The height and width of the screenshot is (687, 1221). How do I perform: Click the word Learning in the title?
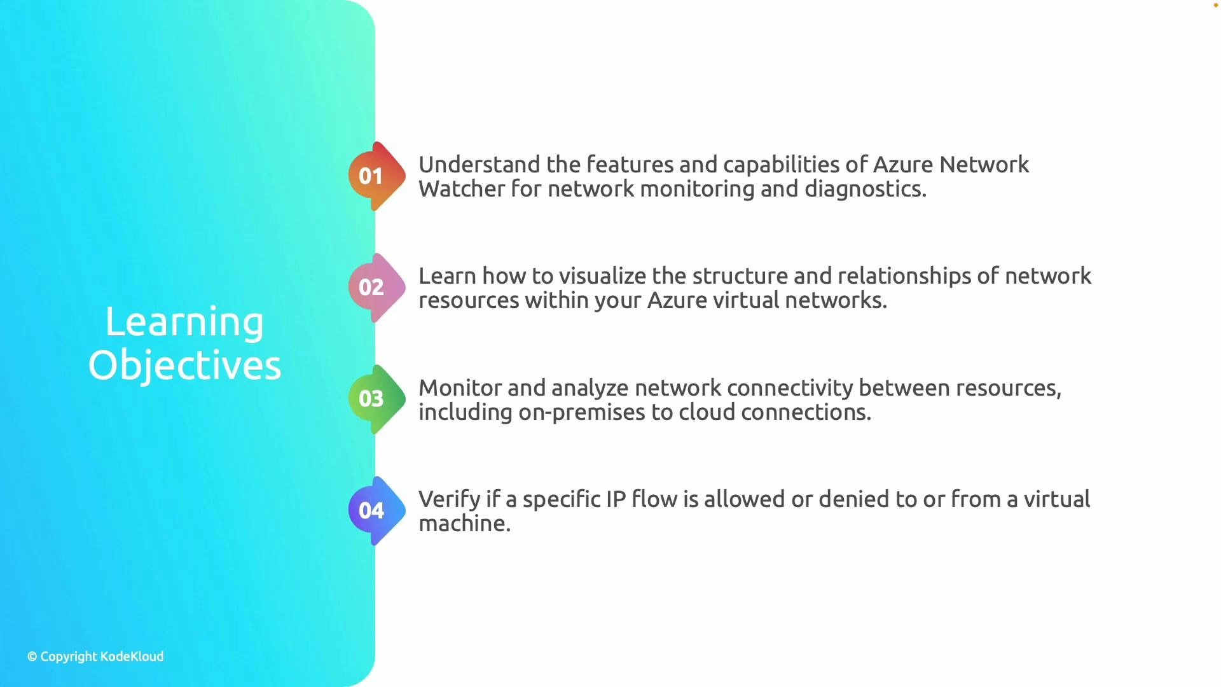[x=184, y=322]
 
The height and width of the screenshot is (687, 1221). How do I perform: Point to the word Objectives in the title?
[x=184, y=366]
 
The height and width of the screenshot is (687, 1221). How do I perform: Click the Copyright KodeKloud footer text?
[x=95, y=656]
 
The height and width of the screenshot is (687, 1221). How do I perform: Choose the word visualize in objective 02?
[x=602, y=276]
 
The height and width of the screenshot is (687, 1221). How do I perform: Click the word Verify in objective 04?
[x=449, y=499]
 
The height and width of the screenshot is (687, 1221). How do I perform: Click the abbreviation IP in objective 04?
[x=616, y=499]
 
